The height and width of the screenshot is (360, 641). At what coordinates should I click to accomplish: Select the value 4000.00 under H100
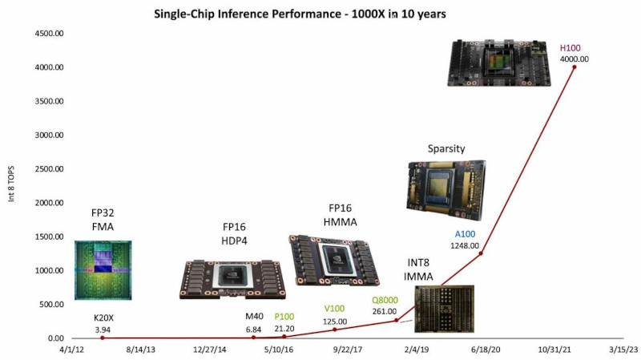[x=573, y=59]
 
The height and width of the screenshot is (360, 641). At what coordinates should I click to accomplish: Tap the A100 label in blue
[x=465, y=235]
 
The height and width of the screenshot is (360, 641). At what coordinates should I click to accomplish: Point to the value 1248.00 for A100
[x=465, y=245]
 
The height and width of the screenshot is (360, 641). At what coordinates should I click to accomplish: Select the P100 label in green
[x=284, y=317]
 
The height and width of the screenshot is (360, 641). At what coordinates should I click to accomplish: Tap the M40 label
[x=254, y=317]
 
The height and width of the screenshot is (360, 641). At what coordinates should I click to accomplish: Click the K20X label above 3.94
[x=103, y=318]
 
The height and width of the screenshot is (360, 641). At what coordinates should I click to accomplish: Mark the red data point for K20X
[x=103, y=338]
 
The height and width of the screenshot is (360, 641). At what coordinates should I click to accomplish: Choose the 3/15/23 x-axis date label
[x=622, y=350]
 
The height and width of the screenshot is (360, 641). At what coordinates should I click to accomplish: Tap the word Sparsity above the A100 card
[x=446, y=148]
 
